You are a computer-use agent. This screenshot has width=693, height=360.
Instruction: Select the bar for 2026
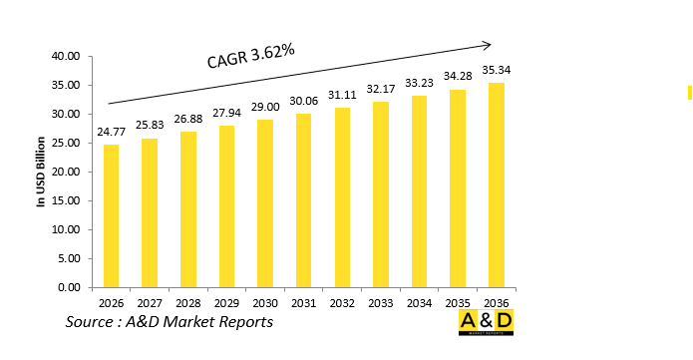pos(111,215)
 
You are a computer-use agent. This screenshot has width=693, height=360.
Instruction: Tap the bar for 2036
pos(497,185)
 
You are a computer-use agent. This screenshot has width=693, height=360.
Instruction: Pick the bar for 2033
pos(381,194)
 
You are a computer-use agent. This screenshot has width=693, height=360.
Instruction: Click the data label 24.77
pos(111,133)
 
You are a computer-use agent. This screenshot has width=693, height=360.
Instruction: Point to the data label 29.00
pos(265,108)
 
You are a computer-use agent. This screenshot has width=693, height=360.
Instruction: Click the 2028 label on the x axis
pos(187,302)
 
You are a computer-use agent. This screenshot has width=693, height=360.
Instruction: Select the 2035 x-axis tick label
pos(458,302)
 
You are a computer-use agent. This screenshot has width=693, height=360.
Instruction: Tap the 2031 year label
pos(303,302)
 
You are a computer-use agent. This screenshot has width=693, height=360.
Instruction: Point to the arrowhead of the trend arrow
pos(488,44)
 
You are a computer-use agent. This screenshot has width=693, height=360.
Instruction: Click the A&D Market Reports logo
pos(486,322)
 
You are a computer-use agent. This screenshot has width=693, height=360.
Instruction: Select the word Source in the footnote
pos(90,322)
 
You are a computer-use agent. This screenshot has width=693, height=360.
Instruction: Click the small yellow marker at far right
pos(689,93)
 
